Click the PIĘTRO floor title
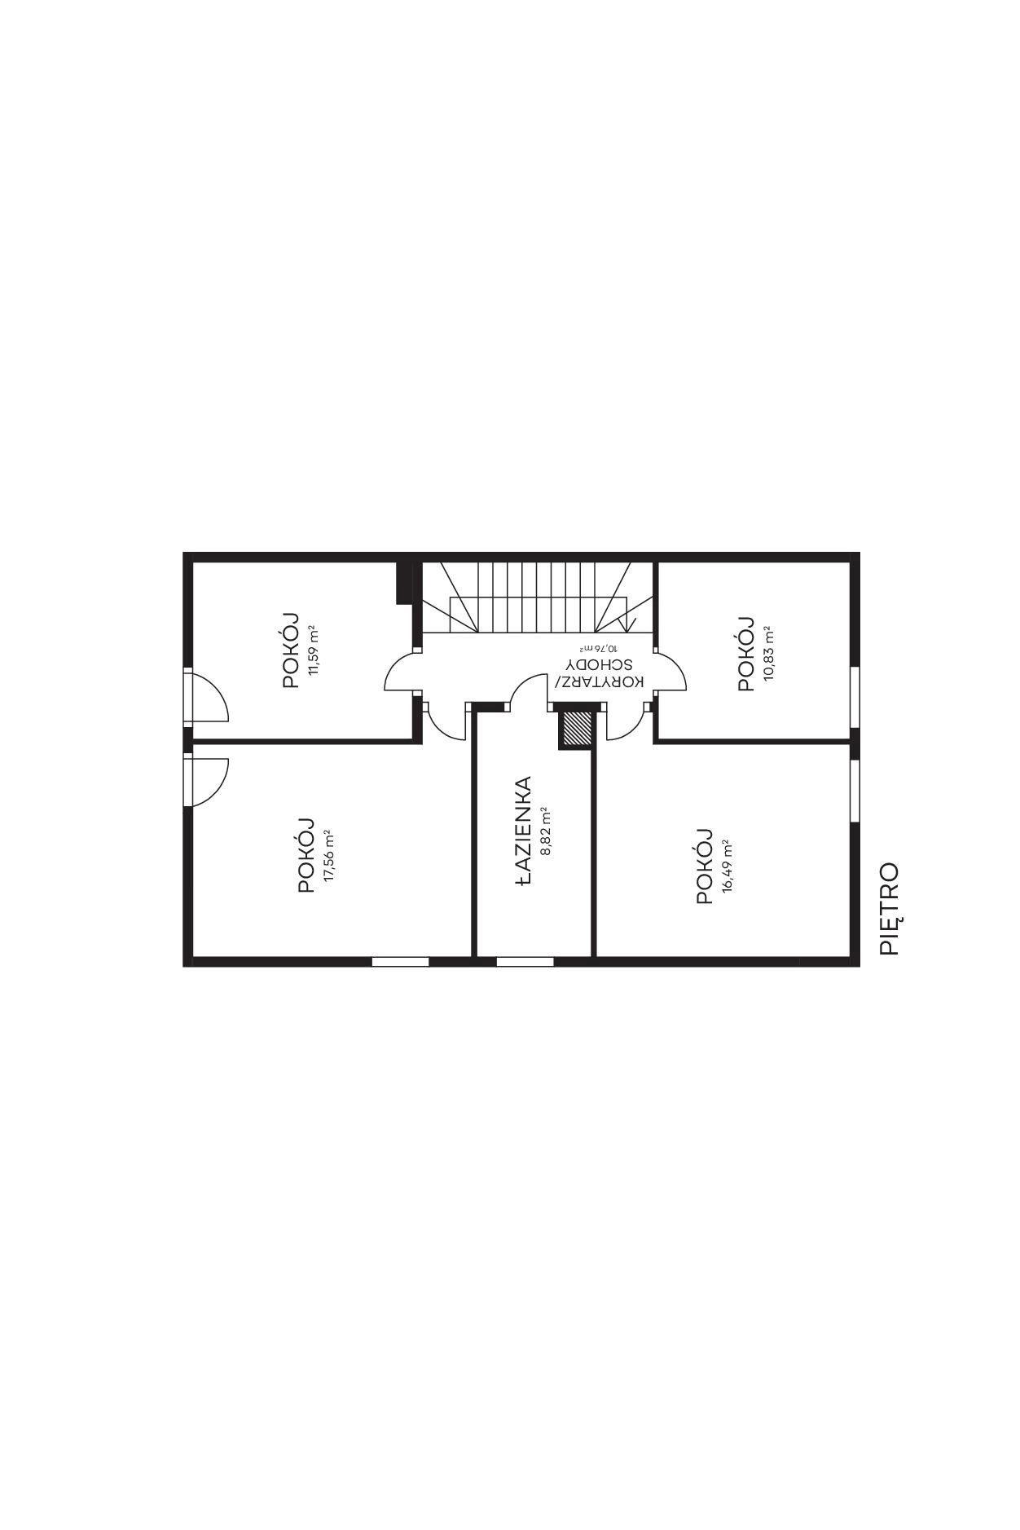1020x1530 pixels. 890,909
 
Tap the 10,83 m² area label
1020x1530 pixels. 768,654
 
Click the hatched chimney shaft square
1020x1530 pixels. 577,729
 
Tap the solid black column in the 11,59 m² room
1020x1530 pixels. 402,582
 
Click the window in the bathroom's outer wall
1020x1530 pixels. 525,962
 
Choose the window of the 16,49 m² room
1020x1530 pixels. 855,791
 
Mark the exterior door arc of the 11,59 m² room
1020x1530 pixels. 218,689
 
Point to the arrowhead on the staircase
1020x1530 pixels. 628,624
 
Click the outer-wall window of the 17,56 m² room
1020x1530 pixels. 400,962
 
